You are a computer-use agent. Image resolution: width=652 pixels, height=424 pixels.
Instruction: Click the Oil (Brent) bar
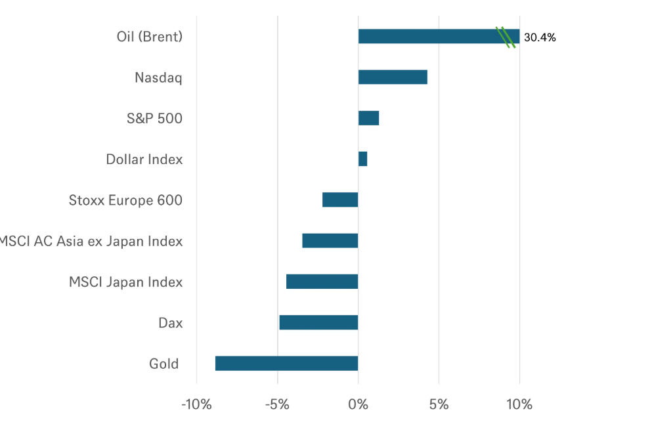(x=439, y=36)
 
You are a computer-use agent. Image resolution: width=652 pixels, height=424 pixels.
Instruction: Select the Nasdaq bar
(x=393, y=77)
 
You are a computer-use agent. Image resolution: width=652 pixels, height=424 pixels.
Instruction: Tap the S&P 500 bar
(x=368, y=118)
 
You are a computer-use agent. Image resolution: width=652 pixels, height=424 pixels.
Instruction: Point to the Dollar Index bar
(x=362, y=159)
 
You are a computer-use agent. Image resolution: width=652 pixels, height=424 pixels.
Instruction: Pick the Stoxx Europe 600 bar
(x=340, y=200)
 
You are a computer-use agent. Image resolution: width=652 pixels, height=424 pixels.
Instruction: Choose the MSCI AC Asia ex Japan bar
(x=330, y=241)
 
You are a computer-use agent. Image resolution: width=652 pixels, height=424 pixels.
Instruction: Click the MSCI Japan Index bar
(x=322, y=282)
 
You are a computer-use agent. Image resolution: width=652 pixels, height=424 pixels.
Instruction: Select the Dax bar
(x=318, y=322)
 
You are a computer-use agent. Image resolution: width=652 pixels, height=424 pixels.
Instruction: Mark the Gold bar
(x=286, y=364)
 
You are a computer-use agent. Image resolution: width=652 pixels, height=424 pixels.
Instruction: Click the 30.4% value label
(x=540, y=37)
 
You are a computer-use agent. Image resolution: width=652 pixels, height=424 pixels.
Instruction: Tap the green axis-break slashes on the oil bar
(x=506, y=37)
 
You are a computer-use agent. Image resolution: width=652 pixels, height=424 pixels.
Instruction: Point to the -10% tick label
(x=196, y=404)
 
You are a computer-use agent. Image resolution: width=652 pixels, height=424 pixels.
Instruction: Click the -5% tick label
(x=277, y=404)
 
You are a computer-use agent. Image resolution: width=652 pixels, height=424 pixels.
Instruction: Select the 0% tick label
(x=358, y=404)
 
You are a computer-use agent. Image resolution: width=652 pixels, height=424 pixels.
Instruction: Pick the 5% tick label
(x=439, y=404)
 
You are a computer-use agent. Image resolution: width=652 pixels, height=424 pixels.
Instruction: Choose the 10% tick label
(x=519, y=404)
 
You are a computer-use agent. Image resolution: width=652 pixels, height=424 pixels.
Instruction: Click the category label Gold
(x=164, y=364)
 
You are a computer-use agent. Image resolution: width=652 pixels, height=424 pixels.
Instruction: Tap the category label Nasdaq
(x=158, y=77)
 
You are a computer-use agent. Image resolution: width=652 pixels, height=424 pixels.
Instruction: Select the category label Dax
(x=171, y=323)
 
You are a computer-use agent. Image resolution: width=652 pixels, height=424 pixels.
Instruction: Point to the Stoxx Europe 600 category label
(x=125, y=200)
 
